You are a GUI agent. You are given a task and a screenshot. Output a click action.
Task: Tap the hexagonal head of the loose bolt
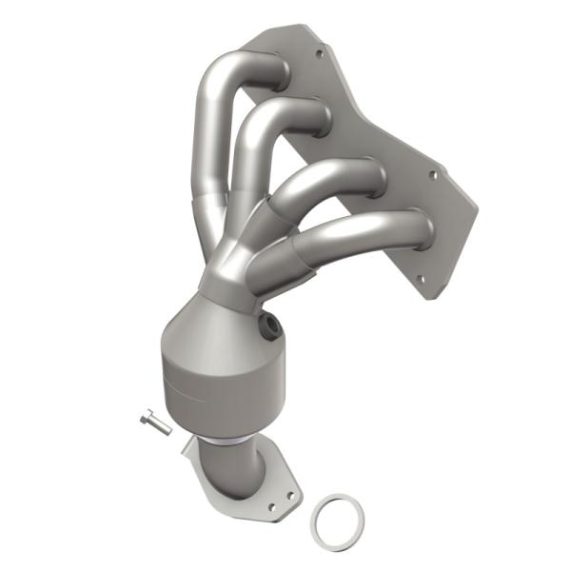coord(149,417)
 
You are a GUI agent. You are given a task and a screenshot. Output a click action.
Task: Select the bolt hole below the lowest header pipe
coord(416,279)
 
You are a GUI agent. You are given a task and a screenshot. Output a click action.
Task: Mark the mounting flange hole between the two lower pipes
coord(433,175)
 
